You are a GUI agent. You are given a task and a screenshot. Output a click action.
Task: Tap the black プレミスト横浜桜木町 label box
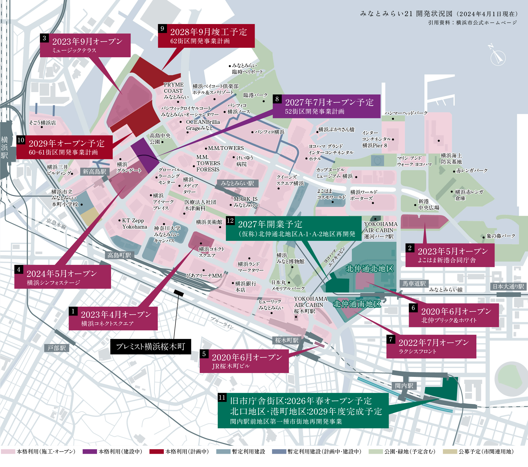tap(151, 346)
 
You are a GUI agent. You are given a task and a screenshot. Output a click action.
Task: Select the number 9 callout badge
tap(162, 29)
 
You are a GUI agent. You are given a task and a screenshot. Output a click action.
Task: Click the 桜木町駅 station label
tap(287, 340)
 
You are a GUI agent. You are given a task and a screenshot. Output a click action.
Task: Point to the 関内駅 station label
tap(404, 386)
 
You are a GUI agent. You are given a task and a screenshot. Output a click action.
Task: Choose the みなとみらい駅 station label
tap(237, 183)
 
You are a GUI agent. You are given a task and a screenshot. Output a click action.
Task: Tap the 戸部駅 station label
tap(56, 348)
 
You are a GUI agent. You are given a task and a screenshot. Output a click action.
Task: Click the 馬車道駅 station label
tap(414, 284)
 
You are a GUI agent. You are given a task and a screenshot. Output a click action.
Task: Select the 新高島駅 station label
tap(94, 172)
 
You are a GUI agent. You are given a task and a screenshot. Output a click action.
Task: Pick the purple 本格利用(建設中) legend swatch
tap(89, 452)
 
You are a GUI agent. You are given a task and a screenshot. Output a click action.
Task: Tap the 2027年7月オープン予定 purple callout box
tap(327, 106)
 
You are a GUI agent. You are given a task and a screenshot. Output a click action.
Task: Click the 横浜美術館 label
tap(209, 222)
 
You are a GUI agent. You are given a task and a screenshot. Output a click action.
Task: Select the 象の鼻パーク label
tap(501, 236)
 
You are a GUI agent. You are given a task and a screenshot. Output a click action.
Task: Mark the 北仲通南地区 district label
tap(357, 304)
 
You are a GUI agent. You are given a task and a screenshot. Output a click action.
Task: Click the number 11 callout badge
tap(222, 397)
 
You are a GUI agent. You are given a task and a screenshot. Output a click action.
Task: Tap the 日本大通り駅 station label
tap(508, 286)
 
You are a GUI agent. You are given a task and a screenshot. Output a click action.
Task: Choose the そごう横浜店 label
tap(43, 123)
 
